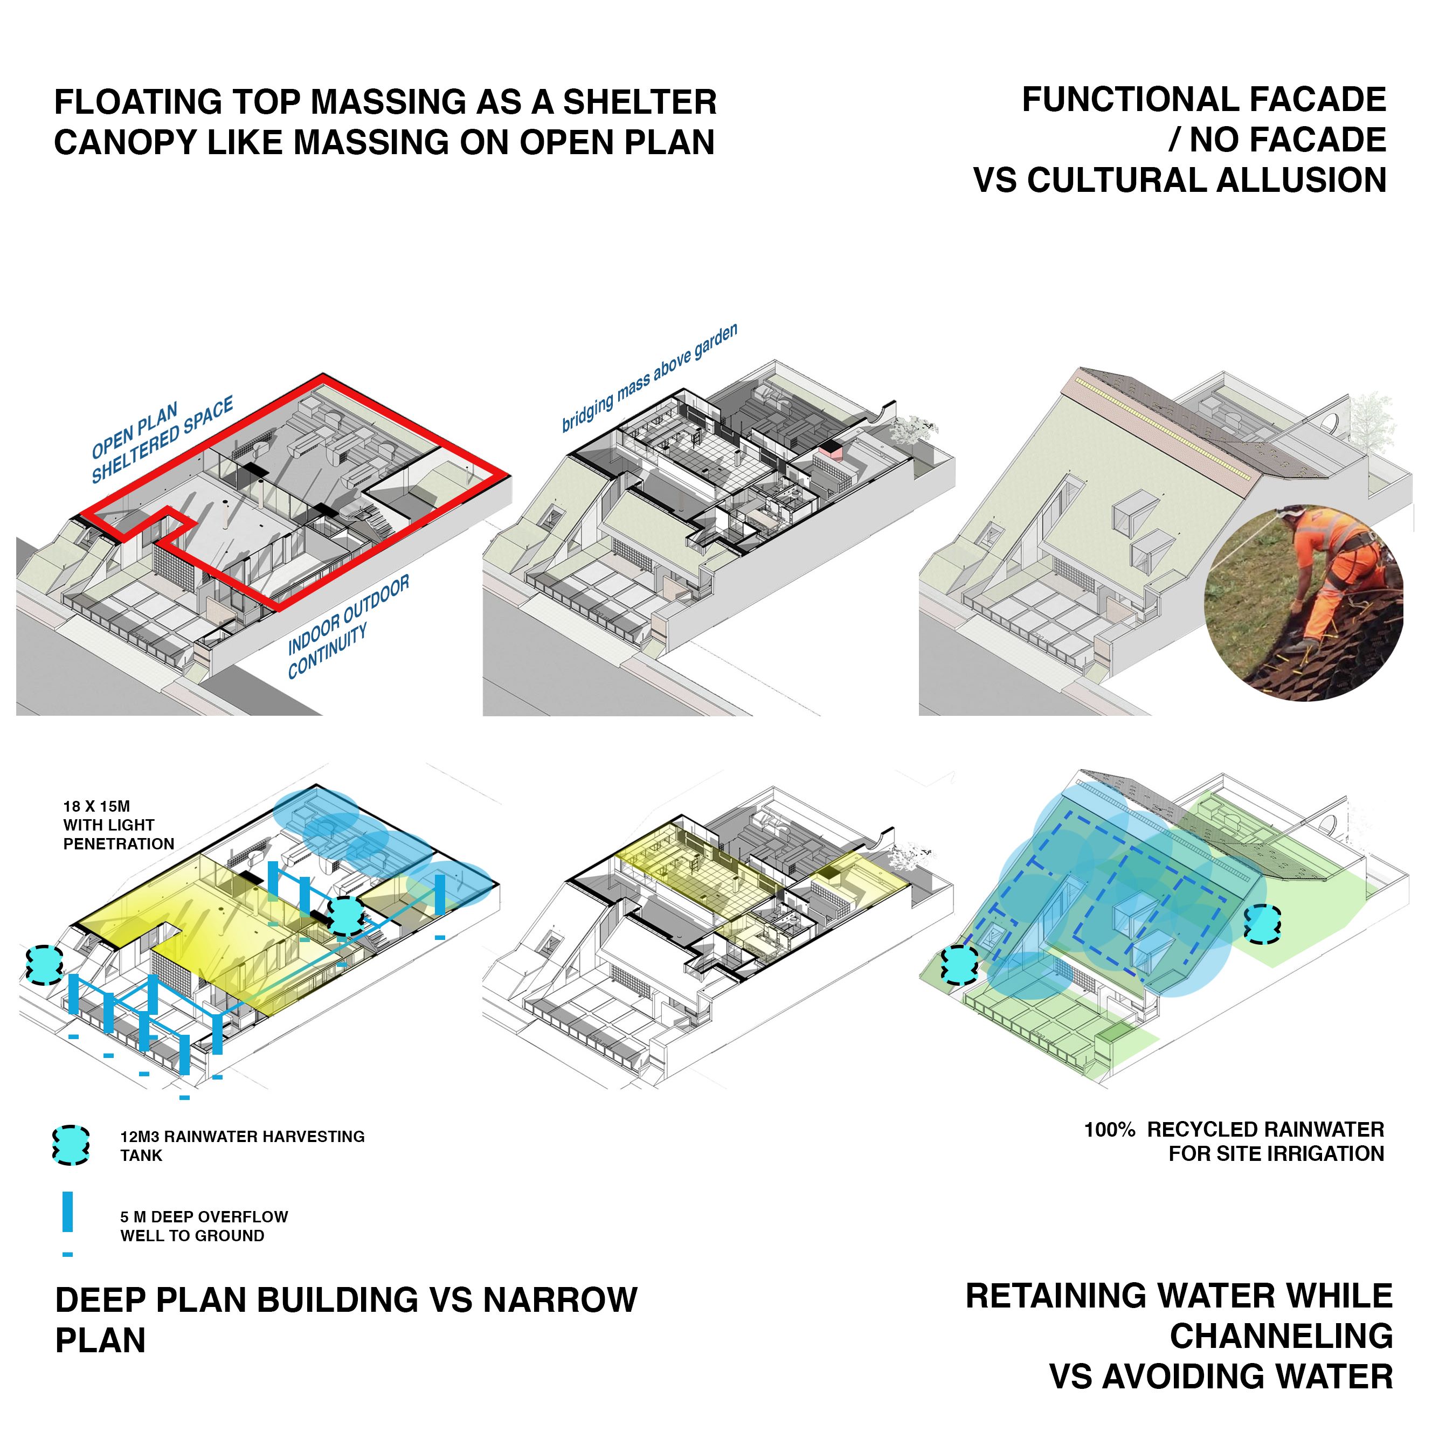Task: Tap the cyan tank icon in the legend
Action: (x=71, y=1145)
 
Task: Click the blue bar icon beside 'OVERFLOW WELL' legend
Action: (x=67, y=1213)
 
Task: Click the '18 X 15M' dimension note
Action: (x=96, y=806)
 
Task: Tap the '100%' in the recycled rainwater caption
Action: (x=1110, y=1130)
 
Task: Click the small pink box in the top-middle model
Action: (x=831, y=449)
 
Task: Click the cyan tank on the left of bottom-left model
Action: (x=45, y=964)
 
